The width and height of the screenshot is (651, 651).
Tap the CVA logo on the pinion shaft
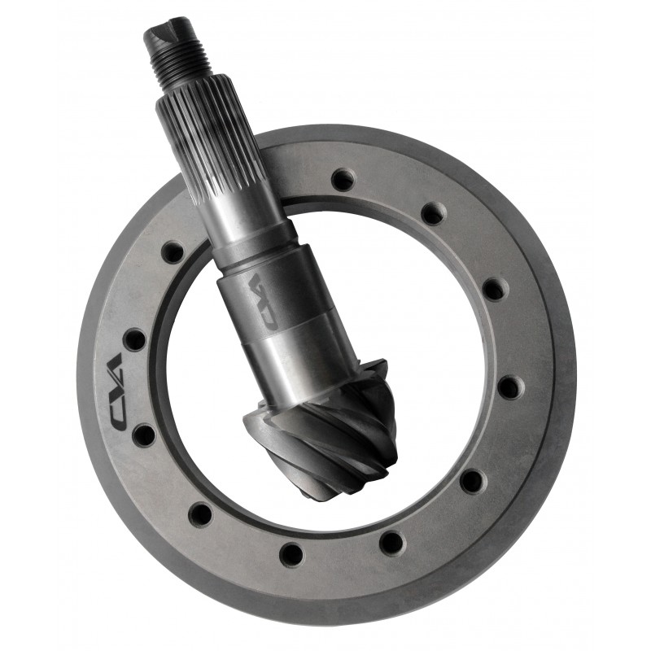(x=259, y=299)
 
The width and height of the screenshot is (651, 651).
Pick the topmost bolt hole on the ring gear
(x=343, y=179)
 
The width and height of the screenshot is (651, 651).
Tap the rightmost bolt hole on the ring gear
(x=510, y=387)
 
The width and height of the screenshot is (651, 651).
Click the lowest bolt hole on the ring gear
(x=292, y=554)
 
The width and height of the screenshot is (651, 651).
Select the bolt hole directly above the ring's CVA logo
(x=134, y=339)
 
